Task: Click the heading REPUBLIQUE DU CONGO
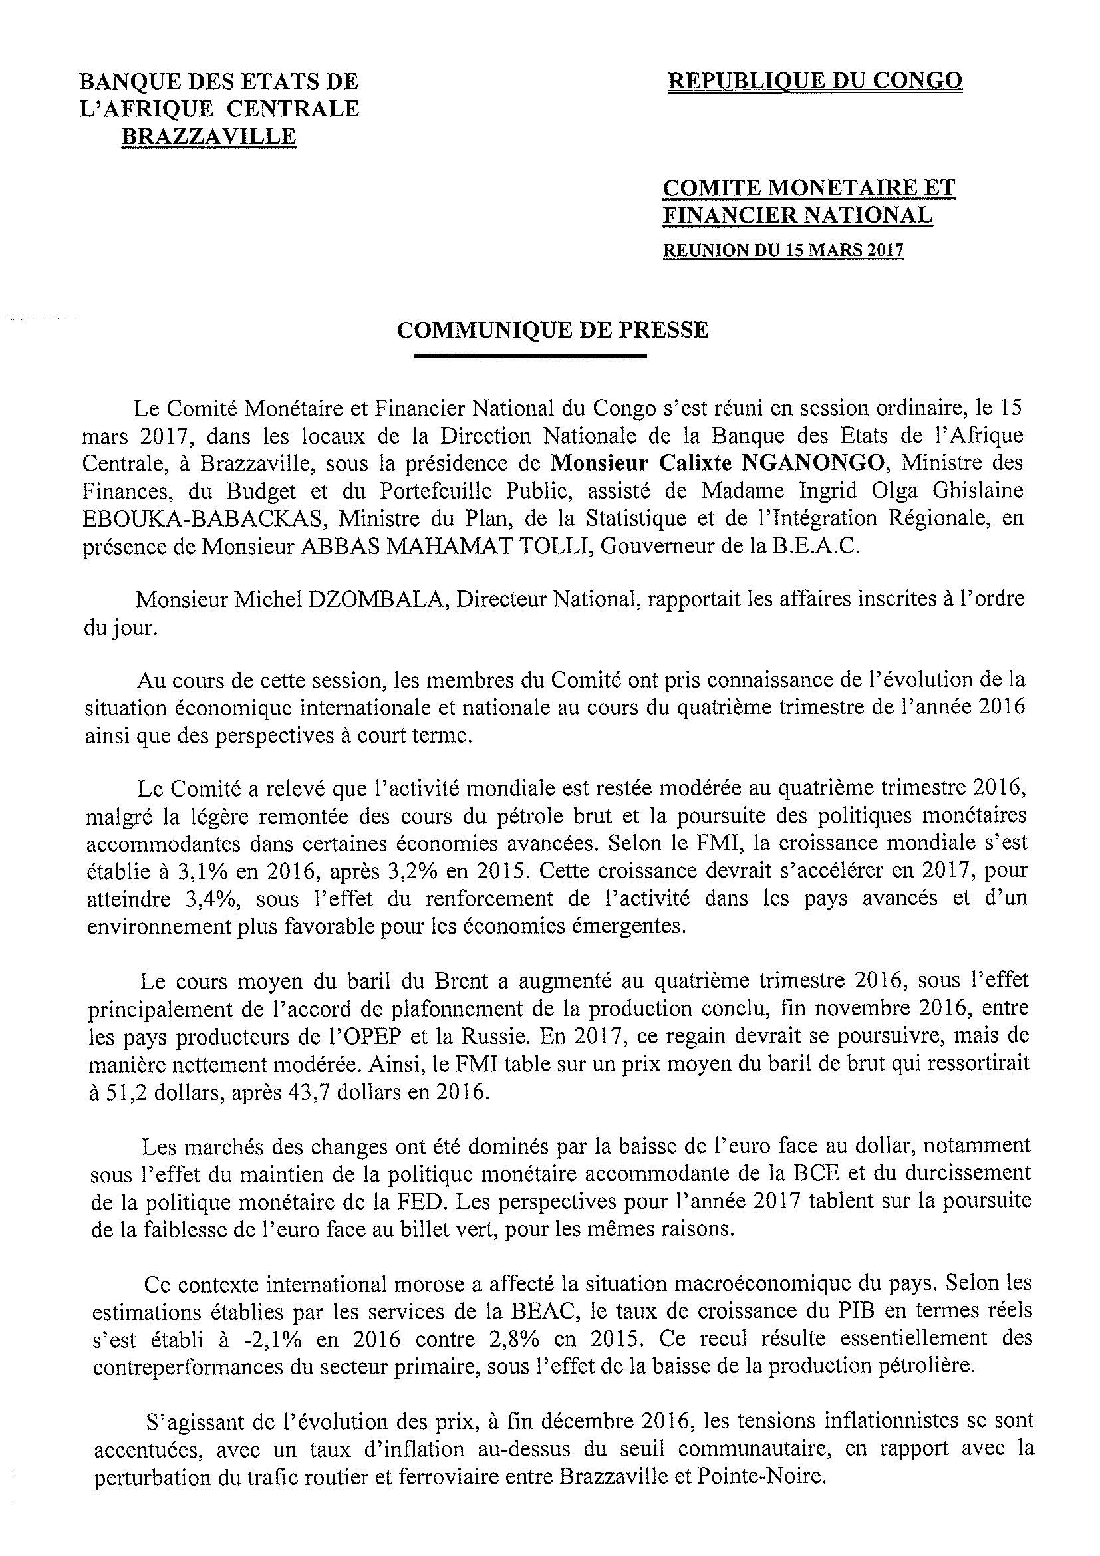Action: point(815,81)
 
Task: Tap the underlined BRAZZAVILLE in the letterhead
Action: point(209,136)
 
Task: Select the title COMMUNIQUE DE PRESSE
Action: point(553,330)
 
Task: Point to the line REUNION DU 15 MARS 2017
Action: point(783,250)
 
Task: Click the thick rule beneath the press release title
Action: point(531,355)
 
